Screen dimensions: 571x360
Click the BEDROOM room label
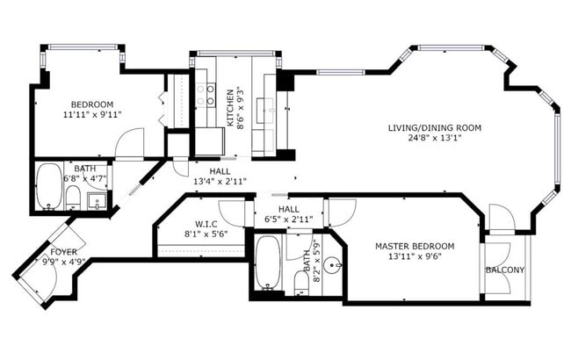point(91,104)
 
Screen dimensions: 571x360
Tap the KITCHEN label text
point(230,108)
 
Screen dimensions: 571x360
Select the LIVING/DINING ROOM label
point(435,128)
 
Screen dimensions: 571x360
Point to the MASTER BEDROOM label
point(415,246)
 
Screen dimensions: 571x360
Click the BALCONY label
point(505,270)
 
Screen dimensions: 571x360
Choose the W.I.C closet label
point(206,224)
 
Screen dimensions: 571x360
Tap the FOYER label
point(64,252)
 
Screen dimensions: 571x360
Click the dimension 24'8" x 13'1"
point(435,138)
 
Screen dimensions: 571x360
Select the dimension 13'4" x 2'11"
point(220,181)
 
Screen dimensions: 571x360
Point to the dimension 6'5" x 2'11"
point(289,220)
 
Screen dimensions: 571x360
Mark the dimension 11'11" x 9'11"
point(92,115)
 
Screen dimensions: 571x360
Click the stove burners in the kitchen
point(206,95)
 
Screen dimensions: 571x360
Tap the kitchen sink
point(265,110)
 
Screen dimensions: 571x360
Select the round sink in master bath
point(332,266)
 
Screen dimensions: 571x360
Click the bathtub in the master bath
point(268,263)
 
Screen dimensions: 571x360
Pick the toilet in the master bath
point(301,282)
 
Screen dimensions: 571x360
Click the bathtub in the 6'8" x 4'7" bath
point(49,186)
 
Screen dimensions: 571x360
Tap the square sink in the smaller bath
point(97,201)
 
